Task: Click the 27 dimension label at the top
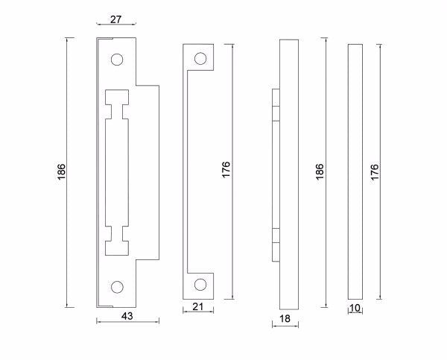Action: pyautogui.click(x=115, y=19)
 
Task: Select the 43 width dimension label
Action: pyautogui.click(x=127, y=316)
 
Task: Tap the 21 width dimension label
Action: pyautogui.click(x=198, y=306)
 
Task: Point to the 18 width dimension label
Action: pyautogui.click(x=285, y=319)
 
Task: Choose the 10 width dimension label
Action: pyautogui.click(x=355, y=308)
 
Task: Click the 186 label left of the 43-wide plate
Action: pyautogui.click(x=61, y=171)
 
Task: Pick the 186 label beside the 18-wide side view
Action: pyautogui.click(x=320, y=171)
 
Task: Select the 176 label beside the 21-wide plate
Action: pyautogui.click(x=226, y=169)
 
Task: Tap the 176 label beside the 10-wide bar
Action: pyautogui.click(x=375, y=171)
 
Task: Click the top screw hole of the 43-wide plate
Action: pyautogui.click(x=117, y=60)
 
